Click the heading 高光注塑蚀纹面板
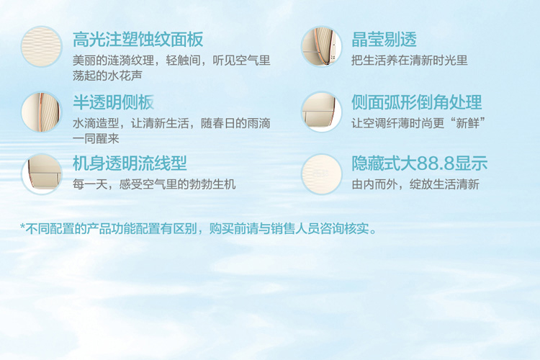(x=138, y=40)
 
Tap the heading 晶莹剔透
(x=384, y=40)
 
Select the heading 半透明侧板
(x=113, y=102)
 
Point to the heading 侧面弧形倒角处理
(x=416, y=102)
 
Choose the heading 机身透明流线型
(x=130, y=163)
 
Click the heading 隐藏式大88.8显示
(x=420, y=163)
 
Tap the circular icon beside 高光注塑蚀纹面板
(x=41, y=47)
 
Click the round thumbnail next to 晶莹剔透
(x=321, y=47)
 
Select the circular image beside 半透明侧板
(x=41, y=112)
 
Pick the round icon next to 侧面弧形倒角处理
(x=321, y=112)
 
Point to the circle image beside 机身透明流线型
(x=41, y=174)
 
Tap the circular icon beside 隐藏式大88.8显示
(x=321, y=174)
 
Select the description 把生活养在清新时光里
(x=410, y=60)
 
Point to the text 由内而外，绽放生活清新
(x=415, y=184)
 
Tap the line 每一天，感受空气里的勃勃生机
(x=154, y=184)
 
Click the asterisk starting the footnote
(x=23, y=227)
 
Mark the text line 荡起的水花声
(x=107, y=76)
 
